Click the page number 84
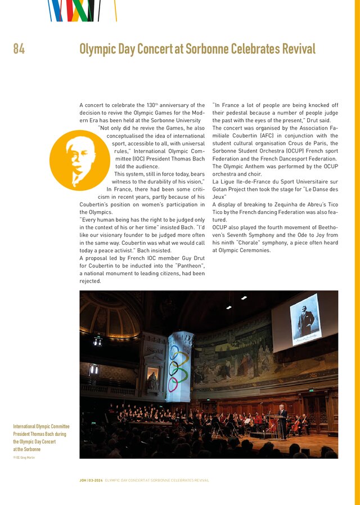(19, 50)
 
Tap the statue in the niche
(152, 381)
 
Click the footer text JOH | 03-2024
(91, 480)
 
